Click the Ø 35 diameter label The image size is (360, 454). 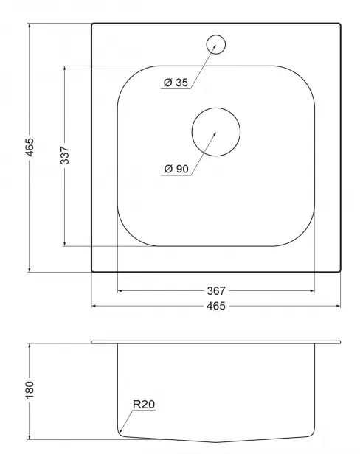(176, 83)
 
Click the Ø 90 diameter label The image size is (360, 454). (176, 169)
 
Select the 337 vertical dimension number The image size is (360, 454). (65, 156)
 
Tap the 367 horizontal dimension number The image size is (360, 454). (216, 290)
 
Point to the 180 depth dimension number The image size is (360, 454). (30, 389)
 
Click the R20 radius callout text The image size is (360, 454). (144, 404)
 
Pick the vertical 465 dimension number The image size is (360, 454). (30, 147)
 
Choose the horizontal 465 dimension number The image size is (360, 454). (216, 306)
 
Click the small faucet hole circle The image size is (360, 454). (216, 35)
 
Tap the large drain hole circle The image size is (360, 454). (216, 108)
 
